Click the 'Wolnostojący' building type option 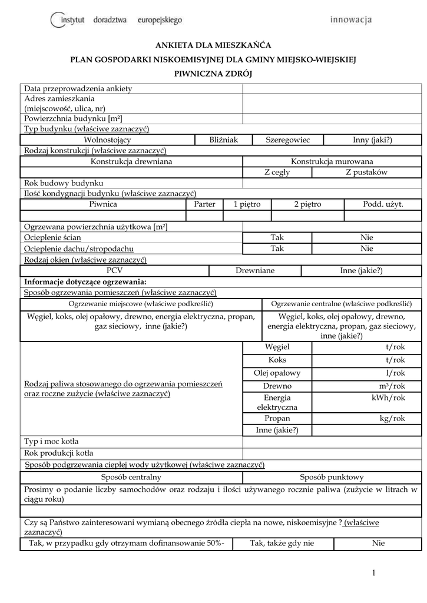108,140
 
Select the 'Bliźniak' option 223,140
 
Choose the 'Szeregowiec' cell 287,140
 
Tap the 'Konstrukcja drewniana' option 131,161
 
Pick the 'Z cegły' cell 277,172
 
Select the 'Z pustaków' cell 366,172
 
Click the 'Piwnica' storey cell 103,204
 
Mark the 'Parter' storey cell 204,204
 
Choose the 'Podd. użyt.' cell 383,204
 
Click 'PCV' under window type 114,271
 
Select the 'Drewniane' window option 255,271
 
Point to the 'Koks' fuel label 277,360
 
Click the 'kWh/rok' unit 392,397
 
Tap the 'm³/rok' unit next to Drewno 392,386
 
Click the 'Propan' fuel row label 277,419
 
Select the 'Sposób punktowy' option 332,478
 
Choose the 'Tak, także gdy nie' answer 282,544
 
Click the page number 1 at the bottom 373,574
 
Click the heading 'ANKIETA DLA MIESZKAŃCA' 213,45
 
